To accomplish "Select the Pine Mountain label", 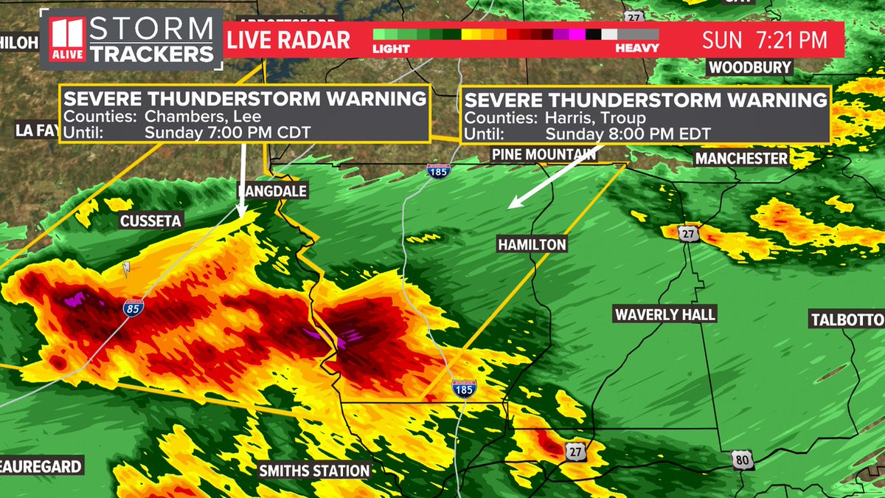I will pos(544,154).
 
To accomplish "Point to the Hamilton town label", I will pos(531,244).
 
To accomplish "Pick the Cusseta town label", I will pos(151,221).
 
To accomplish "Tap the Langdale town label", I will pos(271,191).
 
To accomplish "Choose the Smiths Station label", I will pos(314,470).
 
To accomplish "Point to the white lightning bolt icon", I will pos(126,270).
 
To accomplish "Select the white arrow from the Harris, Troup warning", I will pos(557,175).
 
